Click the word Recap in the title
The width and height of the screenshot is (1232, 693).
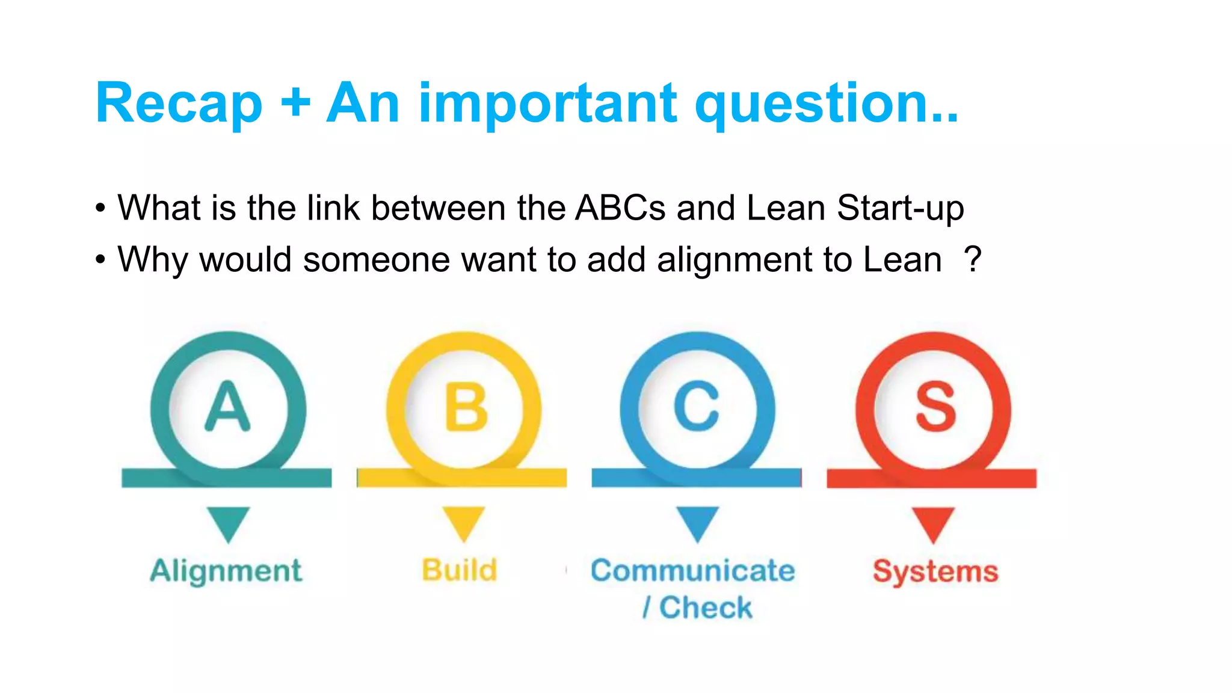179,104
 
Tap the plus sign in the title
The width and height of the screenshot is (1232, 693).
295,103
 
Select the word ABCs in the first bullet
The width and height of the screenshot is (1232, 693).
620,208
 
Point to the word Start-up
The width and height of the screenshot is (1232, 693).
900,208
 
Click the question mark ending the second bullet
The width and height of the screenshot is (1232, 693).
972,260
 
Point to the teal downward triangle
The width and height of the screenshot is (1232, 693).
228,522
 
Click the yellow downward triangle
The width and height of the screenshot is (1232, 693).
463,522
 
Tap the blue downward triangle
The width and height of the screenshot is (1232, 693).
697,522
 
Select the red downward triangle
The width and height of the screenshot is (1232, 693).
932,522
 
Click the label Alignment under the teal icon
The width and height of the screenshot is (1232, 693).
226,571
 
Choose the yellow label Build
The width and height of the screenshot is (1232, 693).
460,570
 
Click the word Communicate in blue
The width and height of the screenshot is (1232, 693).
692,570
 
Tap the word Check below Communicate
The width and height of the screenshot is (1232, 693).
706,607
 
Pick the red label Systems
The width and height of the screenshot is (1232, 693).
935,571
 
